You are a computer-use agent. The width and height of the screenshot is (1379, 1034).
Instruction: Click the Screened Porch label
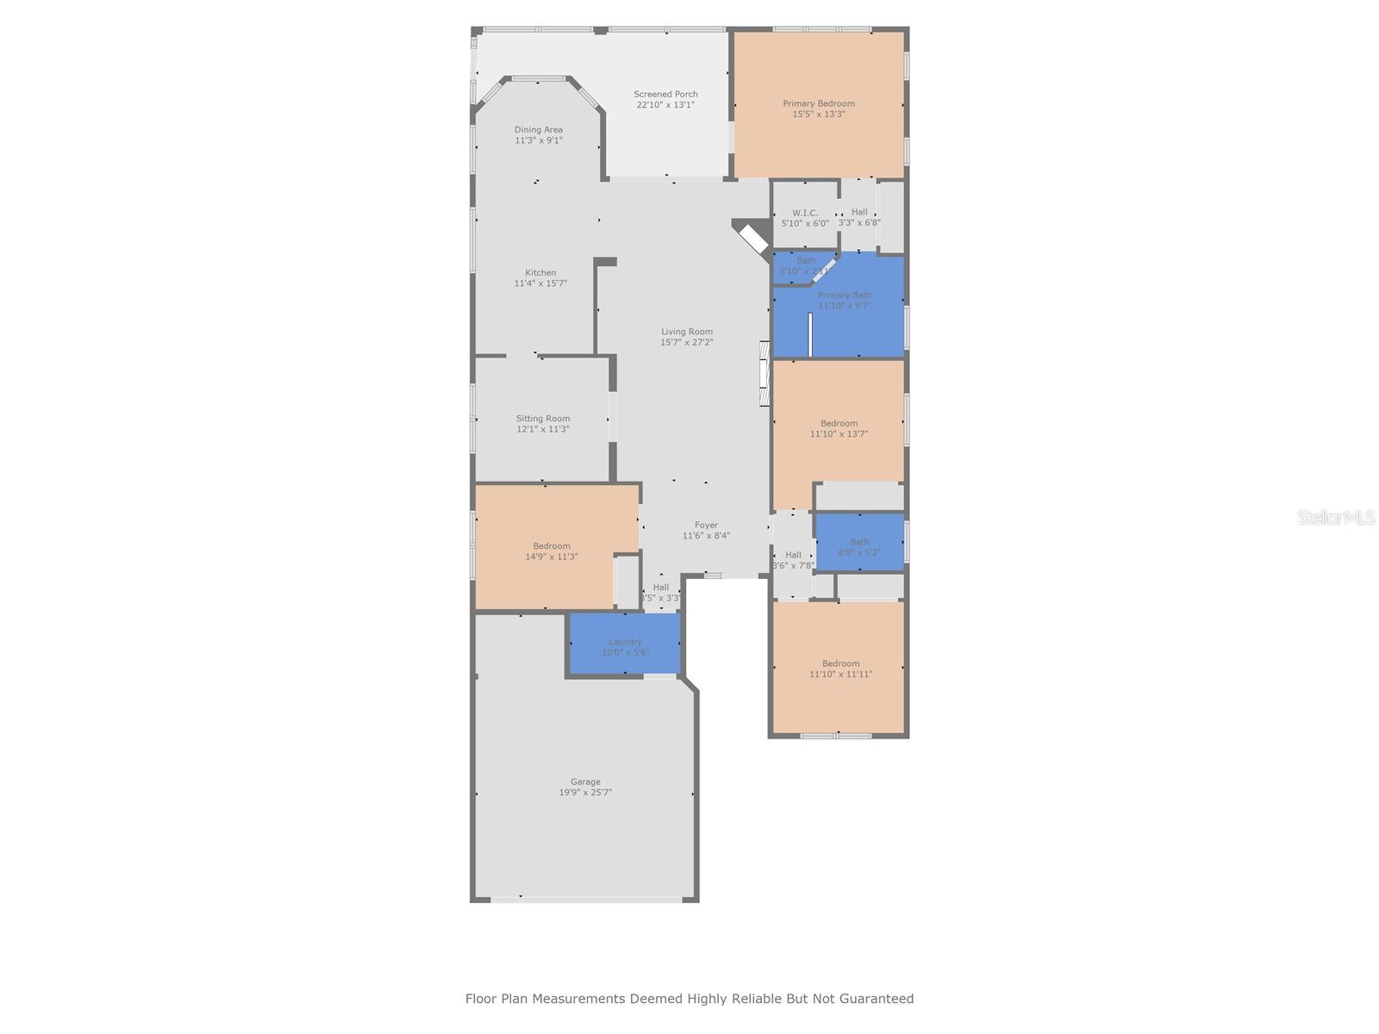[x=665, y=94]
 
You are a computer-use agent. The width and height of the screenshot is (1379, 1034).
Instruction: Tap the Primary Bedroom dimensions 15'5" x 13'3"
[x=818, y=114]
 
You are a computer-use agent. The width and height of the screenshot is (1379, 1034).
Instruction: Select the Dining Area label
[x=539, y=130]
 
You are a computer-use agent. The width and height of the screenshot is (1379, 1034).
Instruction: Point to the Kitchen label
[x=540, y=273]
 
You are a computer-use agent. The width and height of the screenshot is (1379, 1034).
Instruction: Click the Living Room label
[x=687, y=332]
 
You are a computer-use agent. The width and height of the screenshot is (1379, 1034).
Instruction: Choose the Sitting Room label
[x=543, y=419]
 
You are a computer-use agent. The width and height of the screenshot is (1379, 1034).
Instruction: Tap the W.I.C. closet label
[x=805, y=213]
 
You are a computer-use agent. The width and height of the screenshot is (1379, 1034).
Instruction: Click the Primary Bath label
[x=845, y=295]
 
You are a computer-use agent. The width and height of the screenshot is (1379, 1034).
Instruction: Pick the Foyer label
[x=706, y=525]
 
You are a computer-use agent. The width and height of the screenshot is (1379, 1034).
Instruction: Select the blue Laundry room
[x=625, y=644]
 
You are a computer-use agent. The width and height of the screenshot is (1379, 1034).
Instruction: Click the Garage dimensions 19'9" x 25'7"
[x=585, y=793]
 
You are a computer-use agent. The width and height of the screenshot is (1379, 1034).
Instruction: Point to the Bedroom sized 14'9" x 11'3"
[x=552, y=551]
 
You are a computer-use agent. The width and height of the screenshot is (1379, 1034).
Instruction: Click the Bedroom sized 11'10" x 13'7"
[x=839, y=428]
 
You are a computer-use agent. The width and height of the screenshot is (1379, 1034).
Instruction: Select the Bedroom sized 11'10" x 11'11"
[x=840, y=669]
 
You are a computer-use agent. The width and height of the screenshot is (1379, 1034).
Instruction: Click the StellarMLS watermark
[x=1336, y=518]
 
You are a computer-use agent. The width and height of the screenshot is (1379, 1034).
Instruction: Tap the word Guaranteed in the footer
[x=874, y=999]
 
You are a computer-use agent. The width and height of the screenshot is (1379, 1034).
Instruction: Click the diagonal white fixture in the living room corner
[x=753, y=239]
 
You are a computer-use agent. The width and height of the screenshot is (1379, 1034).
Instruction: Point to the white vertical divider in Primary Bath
[x=810, y=334]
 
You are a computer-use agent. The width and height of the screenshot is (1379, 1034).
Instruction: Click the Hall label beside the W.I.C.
[x=859, y=212]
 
